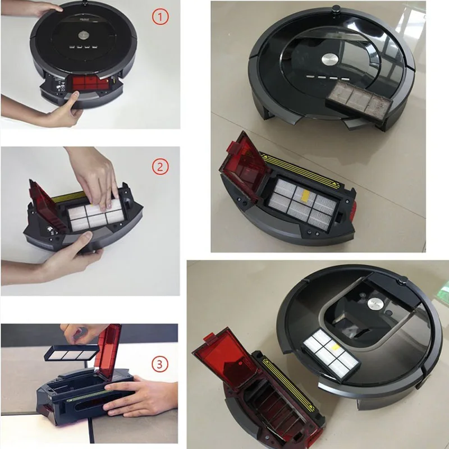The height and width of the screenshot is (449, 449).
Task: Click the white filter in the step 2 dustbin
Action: [93, 213]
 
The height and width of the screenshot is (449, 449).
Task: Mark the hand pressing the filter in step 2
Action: [95, 174]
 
